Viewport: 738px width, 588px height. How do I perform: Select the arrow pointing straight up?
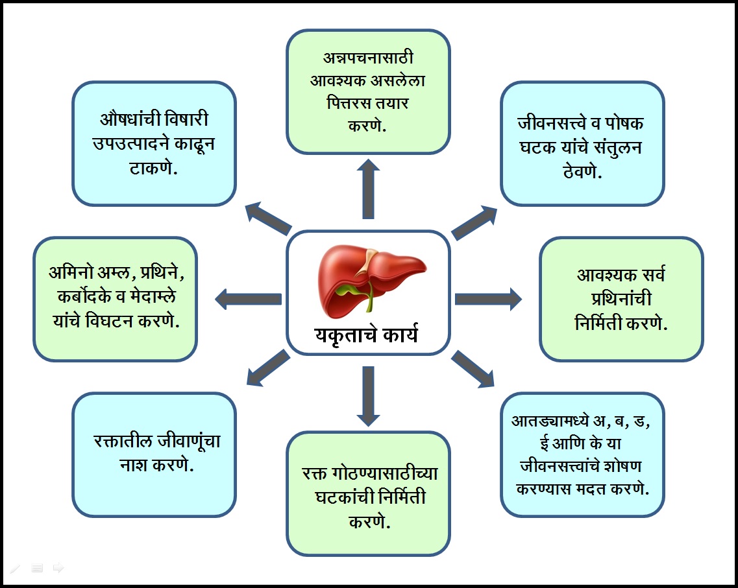[368, 189]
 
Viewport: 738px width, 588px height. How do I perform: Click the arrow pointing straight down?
[368, 396]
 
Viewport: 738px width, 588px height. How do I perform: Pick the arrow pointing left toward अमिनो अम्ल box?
[248, 299]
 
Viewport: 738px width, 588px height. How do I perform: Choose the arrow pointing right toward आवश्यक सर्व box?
[488, 299]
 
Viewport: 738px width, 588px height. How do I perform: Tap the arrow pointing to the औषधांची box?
[269, 219]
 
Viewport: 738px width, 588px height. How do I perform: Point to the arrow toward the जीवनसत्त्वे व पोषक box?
[474, 222]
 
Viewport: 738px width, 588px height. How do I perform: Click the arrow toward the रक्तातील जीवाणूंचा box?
[269, 368]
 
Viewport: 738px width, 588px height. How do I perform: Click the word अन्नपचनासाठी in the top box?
[368, 58]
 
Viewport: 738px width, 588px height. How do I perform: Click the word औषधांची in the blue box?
[130, 119]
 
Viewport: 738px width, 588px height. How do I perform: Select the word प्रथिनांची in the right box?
[621, 298]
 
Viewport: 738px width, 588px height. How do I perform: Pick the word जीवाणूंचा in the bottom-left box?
[188, 441]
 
